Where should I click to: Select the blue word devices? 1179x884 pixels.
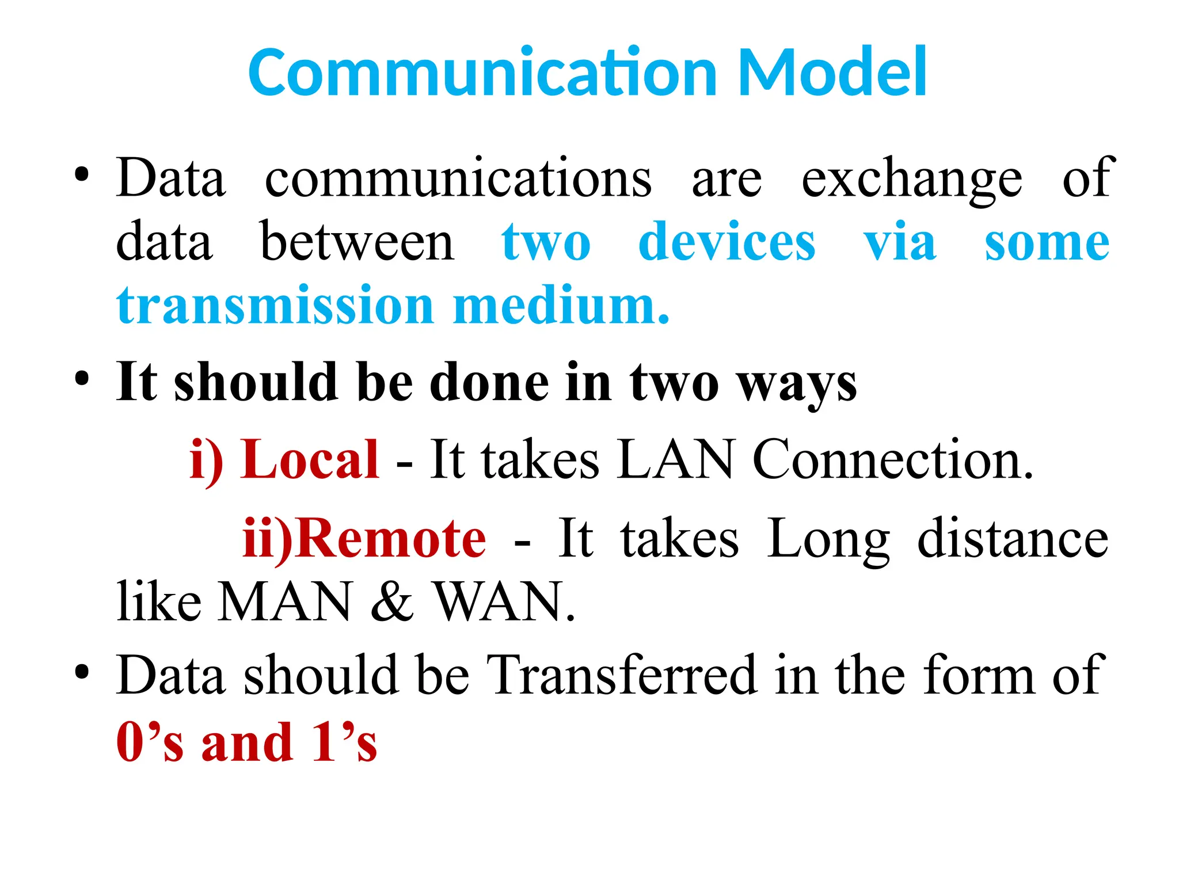(727, 242)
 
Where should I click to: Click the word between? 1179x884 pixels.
(357, 242)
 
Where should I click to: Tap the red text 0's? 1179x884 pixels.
(150, 742)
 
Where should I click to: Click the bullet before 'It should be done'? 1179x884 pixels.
(82, 380)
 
